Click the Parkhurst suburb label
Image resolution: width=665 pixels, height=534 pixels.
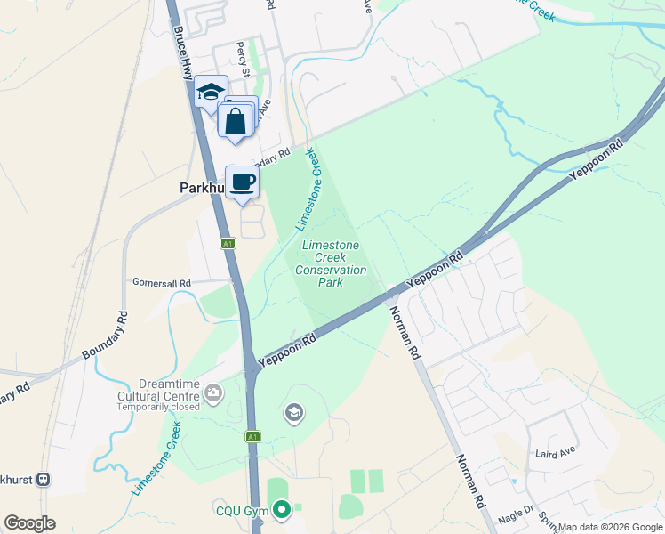coord(198,189)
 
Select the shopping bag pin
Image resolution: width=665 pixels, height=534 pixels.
coord(236,121)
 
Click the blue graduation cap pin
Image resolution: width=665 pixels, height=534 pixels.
coord(211,92)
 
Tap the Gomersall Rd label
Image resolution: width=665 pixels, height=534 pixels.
coord(160,283)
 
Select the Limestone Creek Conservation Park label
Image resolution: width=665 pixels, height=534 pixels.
coord(331,263)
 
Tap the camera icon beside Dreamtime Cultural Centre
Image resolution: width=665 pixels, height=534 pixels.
coord(213,392)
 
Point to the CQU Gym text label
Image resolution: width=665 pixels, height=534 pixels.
coord(241,511)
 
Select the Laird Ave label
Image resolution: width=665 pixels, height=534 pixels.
coord(557,454)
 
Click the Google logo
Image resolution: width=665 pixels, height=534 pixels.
coord(29,523)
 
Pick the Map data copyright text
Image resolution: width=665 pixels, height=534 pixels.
coord(610,527)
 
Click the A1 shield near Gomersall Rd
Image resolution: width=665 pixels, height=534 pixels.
coord(228,243)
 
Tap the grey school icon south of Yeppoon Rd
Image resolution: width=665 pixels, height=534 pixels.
coord(293,412)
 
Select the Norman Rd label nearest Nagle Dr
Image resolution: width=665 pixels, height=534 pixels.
coord(472,481)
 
